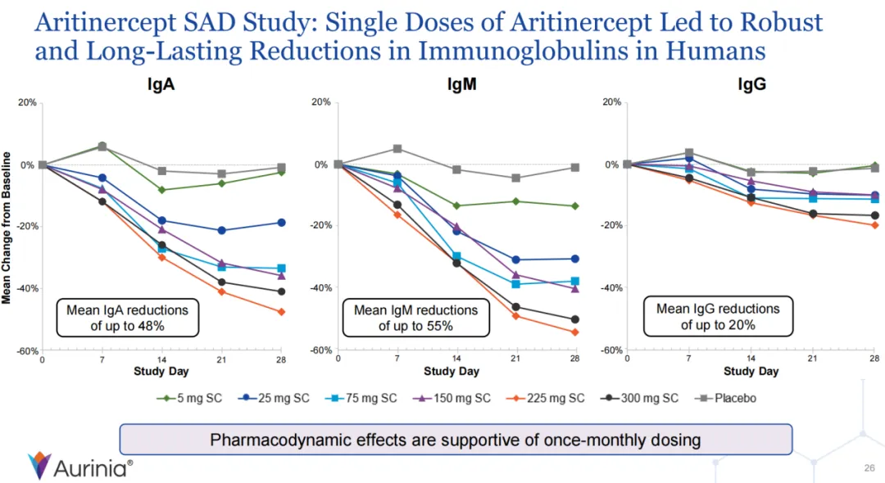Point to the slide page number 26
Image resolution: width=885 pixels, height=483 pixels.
coord(870,468)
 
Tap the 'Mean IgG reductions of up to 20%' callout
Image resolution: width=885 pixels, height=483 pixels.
coord(718,316)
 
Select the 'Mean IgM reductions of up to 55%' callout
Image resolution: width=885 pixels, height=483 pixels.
coord(415,318)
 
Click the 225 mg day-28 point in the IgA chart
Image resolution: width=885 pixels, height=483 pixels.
coord(281,312)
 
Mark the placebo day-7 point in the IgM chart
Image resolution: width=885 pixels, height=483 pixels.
coord(397,149)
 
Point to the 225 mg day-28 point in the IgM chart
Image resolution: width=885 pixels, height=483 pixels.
coord(575,332)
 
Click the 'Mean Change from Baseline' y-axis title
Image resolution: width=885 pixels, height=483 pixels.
coord(7,227)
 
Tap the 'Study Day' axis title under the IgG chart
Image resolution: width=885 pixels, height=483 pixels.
coord(751,372)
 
